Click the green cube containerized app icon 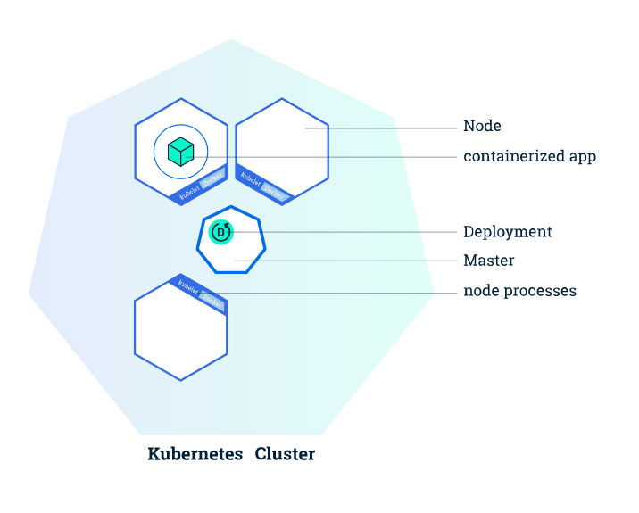coord(180,152)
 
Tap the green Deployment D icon coord(220,232)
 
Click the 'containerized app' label coord(529,157)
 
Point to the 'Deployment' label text coord(507,232)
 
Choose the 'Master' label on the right coord(488,261)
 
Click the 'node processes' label coord(519,291)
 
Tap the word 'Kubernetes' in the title coord(195,454)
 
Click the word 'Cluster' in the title coord(285,454)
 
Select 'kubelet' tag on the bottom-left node coord(187,286)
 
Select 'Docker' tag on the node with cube coord(212,179)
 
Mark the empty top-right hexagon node coord(282,143)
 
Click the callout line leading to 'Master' coord(357,261)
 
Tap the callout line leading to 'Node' coord(384,128)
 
